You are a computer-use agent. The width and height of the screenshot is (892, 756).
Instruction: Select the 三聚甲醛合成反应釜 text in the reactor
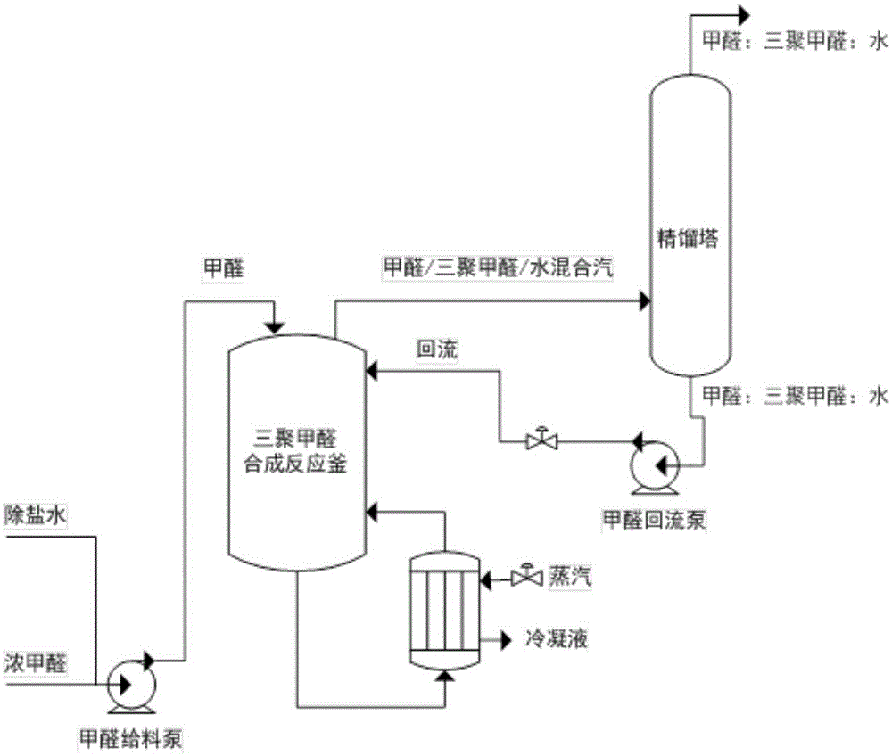pos(297,449)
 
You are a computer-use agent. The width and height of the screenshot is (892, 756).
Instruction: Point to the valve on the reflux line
pos(541,440)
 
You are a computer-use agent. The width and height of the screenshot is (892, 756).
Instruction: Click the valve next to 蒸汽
pos(526,578)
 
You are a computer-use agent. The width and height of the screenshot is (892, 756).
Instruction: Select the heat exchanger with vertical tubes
pos(443,612)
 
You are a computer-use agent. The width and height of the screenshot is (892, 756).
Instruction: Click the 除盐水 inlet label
pos(30,515)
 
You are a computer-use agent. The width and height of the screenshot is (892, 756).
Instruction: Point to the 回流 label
pos(437,350)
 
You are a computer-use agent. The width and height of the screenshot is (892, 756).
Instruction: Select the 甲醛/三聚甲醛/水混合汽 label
pos(497,266)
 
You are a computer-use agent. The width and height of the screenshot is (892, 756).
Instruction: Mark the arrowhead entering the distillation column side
pos(643,302)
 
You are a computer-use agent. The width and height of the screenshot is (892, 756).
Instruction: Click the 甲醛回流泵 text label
pos(655,519)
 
